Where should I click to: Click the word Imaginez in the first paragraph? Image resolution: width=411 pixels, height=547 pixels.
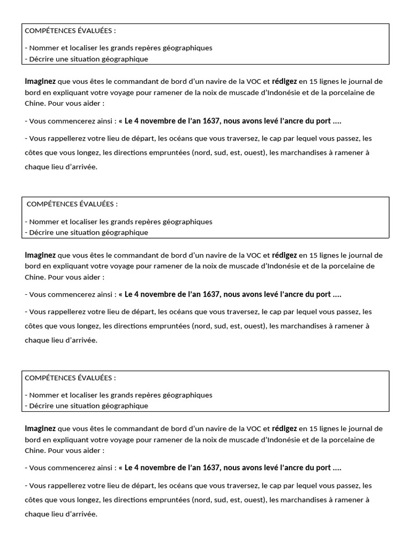tap(40, 81)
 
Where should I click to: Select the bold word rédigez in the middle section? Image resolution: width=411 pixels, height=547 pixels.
tap(284, 255)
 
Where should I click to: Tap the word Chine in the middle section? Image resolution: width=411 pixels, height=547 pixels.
tap(35, 277)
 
